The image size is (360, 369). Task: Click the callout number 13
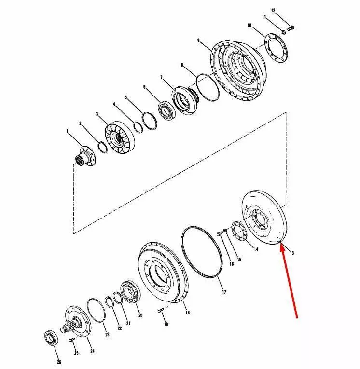292,253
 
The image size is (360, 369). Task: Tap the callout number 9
198,41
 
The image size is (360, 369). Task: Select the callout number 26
59,362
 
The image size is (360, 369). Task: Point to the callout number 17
224,292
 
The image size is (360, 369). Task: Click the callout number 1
68,131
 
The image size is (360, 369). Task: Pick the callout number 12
273,11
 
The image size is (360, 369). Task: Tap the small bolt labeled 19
161,311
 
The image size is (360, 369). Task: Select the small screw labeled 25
71,340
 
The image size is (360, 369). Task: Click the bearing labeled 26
51,338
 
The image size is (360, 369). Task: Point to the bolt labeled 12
291,28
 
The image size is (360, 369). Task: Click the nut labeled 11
284,31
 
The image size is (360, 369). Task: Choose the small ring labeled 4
138,127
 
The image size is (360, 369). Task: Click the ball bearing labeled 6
166,109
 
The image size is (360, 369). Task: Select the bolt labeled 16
219,233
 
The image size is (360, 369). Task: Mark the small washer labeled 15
225,231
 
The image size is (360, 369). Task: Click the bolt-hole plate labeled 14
239,232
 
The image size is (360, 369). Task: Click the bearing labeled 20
130,292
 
